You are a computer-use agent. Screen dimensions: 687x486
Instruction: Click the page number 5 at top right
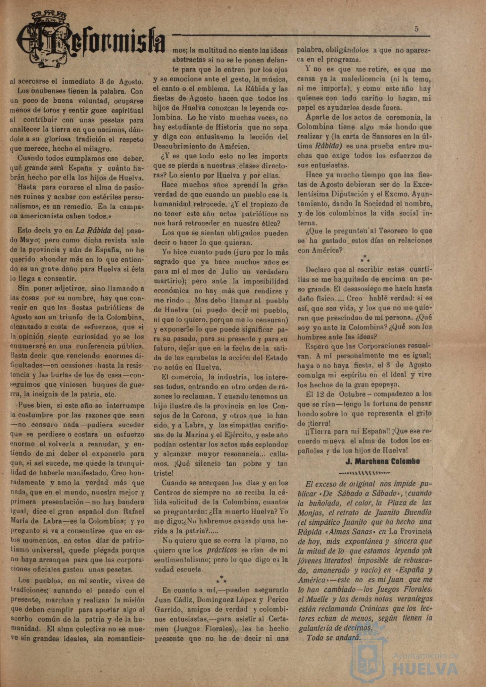click(x=416, y=29)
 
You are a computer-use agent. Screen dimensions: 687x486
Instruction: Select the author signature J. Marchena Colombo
click(x=383, y=461)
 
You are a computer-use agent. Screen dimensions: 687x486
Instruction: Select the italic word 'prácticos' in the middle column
click(x=222, y=550)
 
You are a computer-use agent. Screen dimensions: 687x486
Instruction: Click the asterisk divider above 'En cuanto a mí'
click(x=221, y=579)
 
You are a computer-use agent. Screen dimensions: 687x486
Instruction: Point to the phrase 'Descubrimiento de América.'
click(x=201, y=146)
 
